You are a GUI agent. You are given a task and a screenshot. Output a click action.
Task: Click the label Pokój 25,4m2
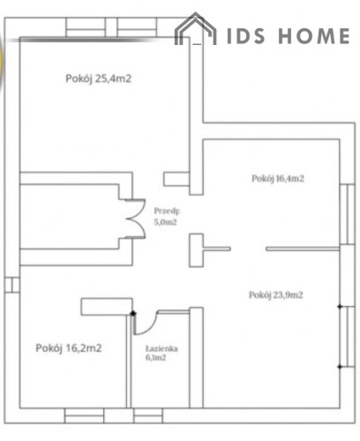pyautogui.click(x=98, y=78)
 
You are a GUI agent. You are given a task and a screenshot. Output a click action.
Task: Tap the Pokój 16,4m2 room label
pyautogui.click(x=278, y=178)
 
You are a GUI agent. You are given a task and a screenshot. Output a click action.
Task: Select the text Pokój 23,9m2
pyautogui.click(x=276, y=295)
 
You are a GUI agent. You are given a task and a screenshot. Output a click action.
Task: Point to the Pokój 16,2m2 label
pyautogui.click(x=69, y=348)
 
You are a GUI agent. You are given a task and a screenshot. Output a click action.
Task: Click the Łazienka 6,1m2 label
pyautogui.click(x=161, y=353)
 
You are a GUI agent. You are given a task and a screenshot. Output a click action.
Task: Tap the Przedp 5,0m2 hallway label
pyautogui.click(x=167, y=216)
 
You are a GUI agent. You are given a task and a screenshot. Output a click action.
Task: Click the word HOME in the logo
pyautogui.click(x=314, y=36)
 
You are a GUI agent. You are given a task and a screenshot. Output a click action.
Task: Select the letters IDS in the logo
pyautogui.click(x=246, y=36)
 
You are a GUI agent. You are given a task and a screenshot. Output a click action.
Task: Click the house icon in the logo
pyautogui.click(x=195, y=29)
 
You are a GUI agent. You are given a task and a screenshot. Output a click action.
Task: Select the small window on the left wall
pyautogui.click(x=12, y=285)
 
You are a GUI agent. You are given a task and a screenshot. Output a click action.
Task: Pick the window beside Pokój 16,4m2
pyautogui.click(x=348, y=214)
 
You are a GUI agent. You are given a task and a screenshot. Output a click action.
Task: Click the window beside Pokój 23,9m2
pyautogui.click(x=348, y=337)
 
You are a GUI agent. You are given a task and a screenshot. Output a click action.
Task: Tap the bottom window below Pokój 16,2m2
pyautogui.click(x=84, y=415)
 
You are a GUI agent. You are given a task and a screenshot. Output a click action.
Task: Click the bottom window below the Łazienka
pyautogui.click(x=148, y=415)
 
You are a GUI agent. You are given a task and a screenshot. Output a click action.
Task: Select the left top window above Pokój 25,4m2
pyautogui.click(x=86, y=27)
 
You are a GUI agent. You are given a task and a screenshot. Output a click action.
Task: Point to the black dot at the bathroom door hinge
pyautogui.click(x=133, y=313)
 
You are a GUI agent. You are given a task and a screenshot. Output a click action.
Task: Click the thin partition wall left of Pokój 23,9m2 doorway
pyautogui.click(x=217, y=249)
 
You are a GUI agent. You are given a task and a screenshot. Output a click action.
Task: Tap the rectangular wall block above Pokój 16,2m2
pyautogui.click(x=107, y=307)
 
